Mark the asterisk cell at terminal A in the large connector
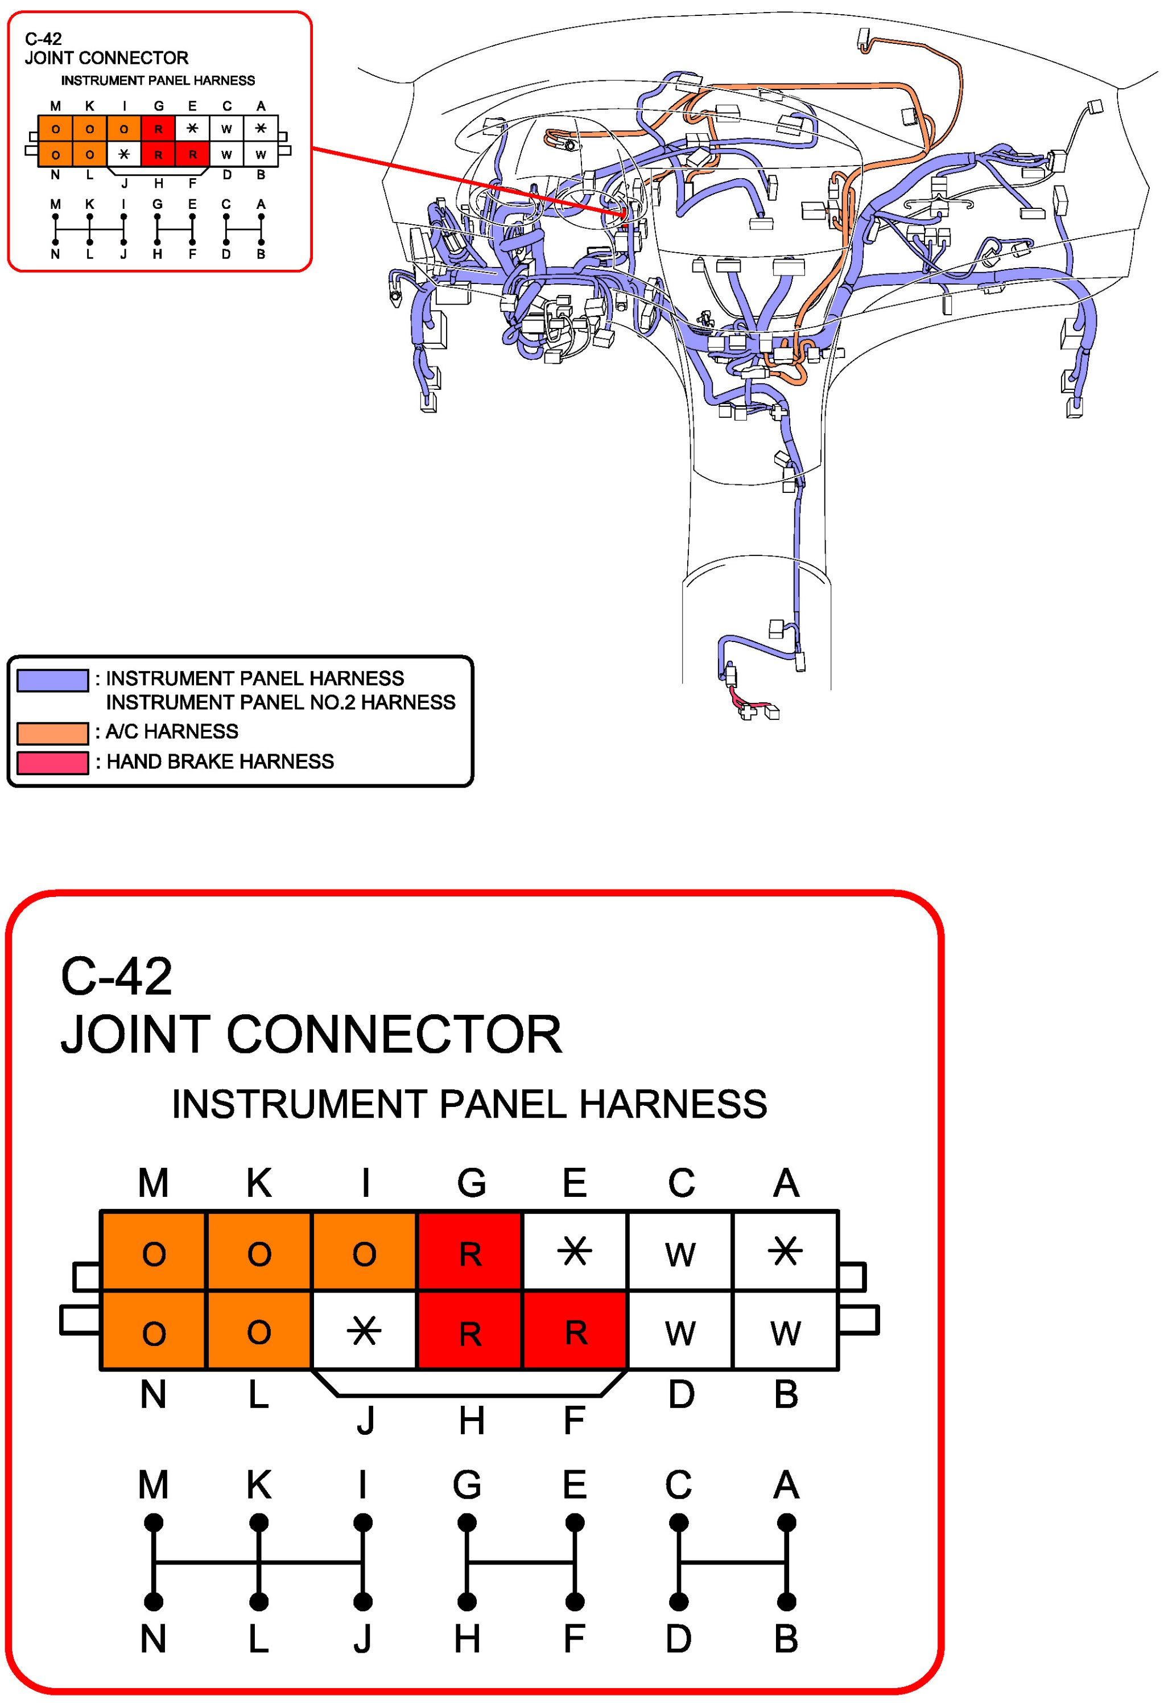pos(786,1252)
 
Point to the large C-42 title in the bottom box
pos(117,977)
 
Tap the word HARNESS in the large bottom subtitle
pos(673,1104)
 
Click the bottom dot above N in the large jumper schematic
pos(153,1602)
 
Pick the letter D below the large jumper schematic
pos(679,1640)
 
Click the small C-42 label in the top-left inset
pos(43,39)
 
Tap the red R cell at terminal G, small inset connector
pos(158,130)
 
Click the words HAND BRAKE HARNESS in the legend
pos(220,762)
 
